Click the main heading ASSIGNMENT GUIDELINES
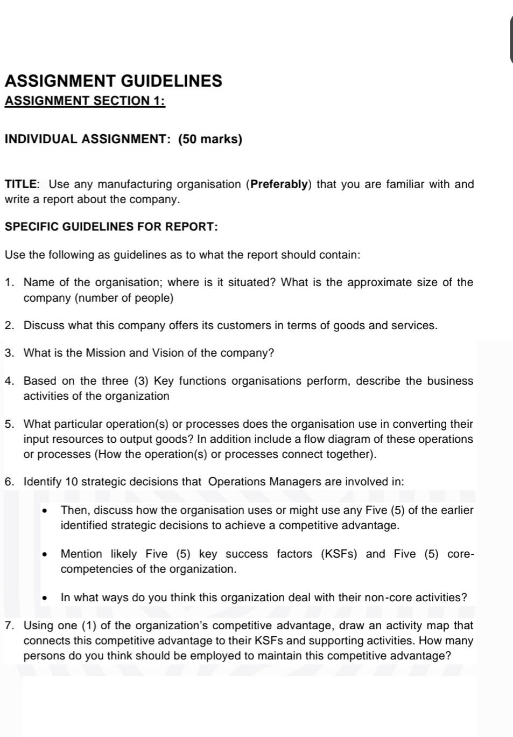[x=113, y=81]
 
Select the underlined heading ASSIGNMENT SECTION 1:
[x=85, y=101]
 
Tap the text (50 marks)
[x=210, y=139]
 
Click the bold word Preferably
[x=279, y=184]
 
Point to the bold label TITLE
[x=21, y=184]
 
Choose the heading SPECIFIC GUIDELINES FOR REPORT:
[x=111, y=226]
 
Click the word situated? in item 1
[x=249, y=282]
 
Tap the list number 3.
[x=9, y=353]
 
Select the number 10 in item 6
[x=72, y=482]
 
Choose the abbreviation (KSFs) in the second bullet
[x=339, y=554]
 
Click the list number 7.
[x=9, y=625]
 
